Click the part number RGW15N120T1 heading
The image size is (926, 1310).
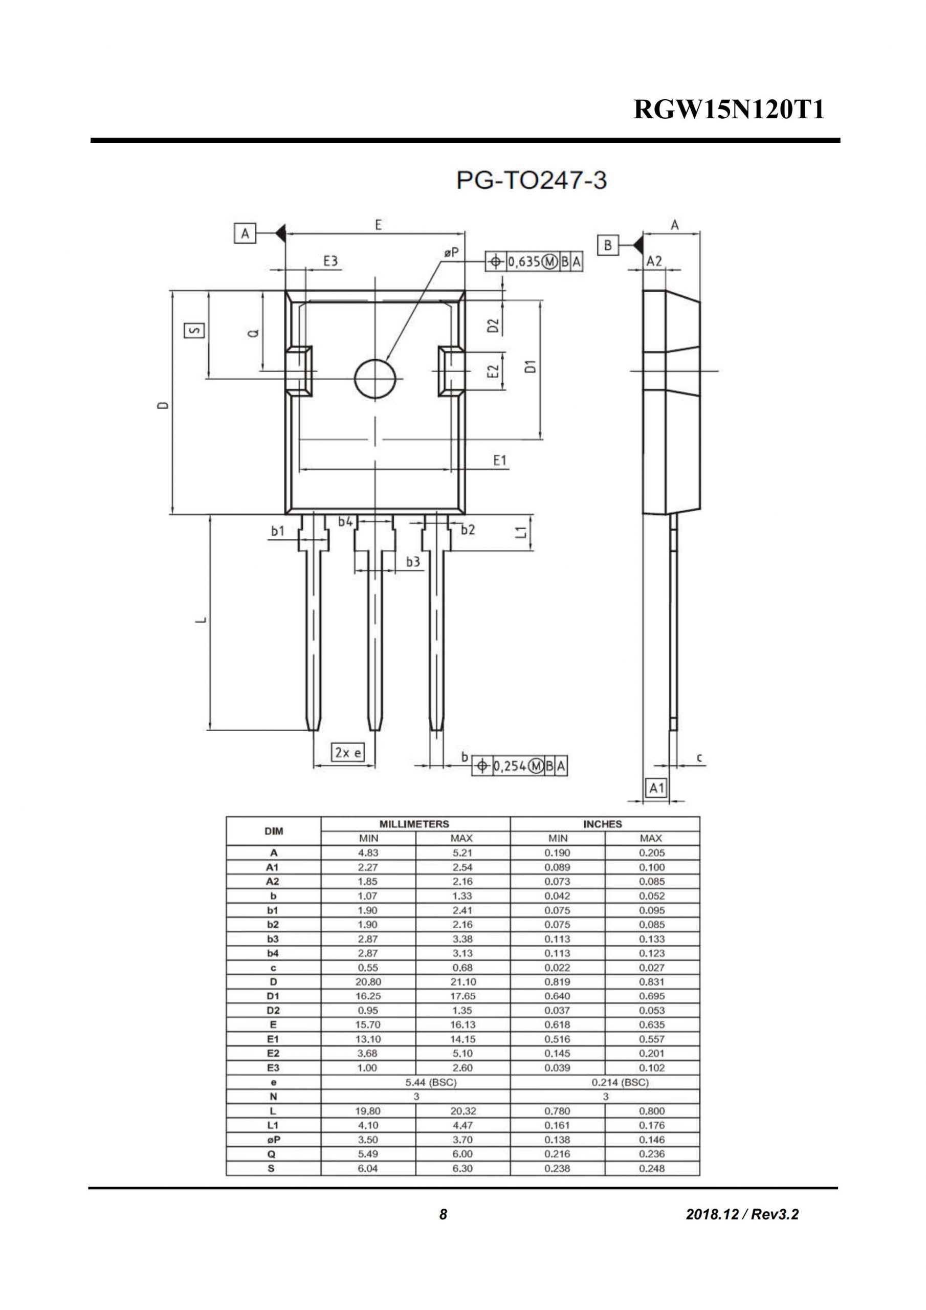729,110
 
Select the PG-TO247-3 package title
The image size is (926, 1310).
531,181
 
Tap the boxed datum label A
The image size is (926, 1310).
245,233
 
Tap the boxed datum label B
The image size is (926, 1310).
608,245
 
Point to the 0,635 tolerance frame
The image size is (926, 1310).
534,262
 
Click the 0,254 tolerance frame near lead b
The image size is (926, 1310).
519,766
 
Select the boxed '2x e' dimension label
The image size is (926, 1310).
348,753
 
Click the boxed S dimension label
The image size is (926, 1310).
194,331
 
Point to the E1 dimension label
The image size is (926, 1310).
500,461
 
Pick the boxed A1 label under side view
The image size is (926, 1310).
657,788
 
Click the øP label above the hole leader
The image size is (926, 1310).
451,252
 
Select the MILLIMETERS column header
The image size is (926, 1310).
414,824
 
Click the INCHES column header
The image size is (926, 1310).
603,824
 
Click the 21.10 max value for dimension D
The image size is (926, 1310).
462,982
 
